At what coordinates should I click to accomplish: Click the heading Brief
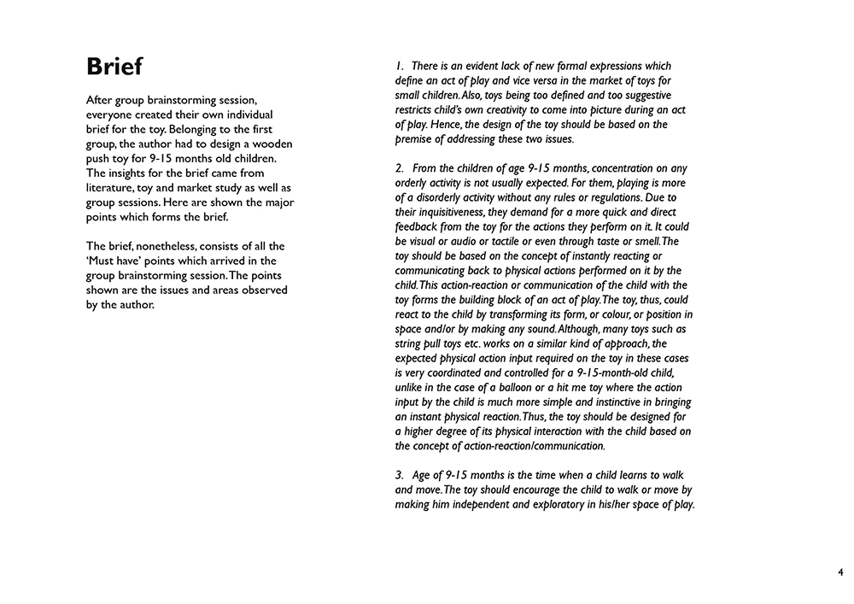coord(114,67)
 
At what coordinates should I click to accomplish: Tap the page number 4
coord(840,572)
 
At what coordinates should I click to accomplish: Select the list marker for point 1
coord(399,66)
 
